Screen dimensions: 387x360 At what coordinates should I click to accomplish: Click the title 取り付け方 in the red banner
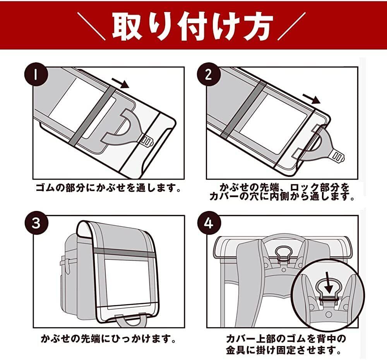point(192,26)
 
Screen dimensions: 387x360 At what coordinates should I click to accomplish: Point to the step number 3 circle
point(35,223)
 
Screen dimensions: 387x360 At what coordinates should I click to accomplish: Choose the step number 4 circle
point(208,223)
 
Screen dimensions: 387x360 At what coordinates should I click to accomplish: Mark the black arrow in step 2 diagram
point(312,98)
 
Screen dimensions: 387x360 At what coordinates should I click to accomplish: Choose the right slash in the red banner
point(291,25)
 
